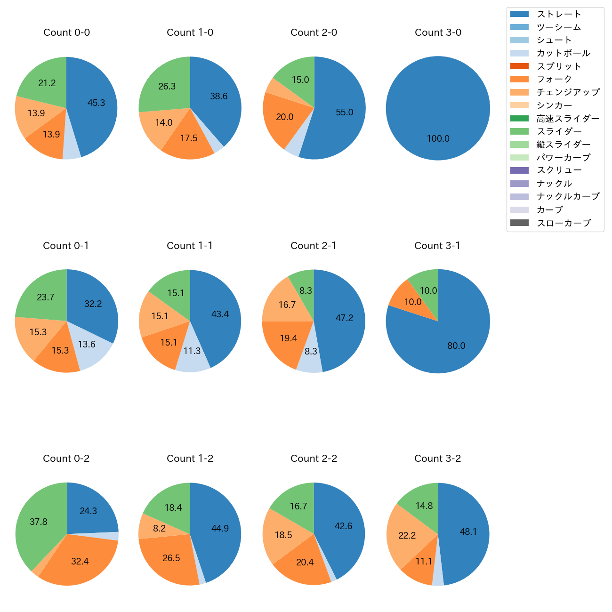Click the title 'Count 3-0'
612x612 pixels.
point(438,32)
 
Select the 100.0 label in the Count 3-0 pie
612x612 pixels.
point(438,138)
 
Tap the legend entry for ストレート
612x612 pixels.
point(559,14)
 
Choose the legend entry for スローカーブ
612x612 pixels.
point(564,223)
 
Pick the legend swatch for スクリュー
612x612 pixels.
point(519,170)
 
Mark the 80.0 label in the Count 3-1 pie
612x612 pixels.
point(456,346)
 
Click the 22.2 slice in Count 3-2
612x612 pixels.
point(407,535)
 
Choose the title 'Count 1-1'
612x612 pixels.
point(190,246)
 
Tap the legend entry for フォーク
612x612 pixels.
point(554,79)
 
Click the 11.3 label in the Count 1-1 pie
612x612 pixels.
point(192,351)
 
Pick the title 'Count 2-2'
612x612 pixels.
point(314,459)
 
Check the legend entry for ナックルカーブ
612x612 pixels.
point(568,196)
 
